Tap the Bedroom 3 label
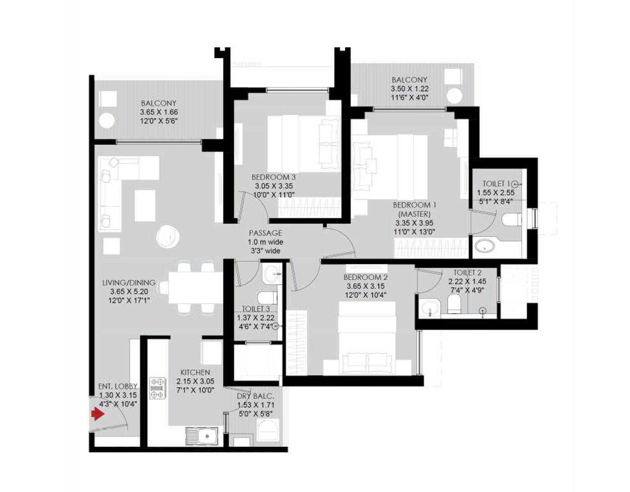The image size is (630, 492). coord(274,177)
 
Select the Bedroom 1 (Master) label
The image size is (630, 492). coord(414,209)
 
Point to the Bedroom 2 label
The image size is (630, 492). coord(365,278)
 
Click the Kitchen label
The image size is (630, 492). coord(195,373)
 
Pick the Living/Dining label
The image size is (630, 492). coord(129,283)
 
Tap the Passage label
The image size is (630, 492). coord(265,233)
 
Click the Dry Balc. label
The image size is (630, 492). coord(255,396)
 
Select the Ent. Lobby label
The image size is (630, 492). coord(117,387)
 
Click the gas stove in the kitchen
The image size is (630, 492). coord(157,388)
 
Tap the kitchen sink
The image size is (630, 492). coord(202,436)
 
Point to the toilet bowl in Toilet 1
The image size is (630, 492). coord(511,219)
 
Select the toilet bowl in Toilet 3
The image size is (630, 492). coord(267,297)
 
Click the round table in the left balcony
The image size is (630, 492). coord(107,121)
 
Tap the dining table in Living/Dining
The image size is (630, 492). coord(195,287)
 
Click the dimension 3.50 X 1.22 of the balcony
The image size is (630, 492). coord(409,89)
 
